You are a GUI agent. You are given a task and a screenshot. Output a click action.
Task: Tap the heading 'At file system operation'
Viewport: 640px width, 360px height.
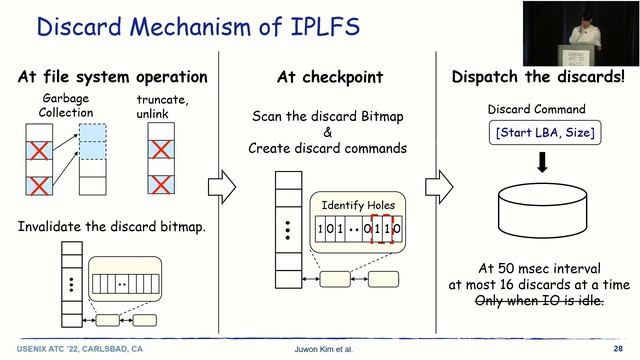112,77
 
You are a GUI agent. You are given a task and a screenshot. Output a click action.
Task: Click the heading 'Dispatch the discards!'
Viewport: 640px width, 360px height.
537,77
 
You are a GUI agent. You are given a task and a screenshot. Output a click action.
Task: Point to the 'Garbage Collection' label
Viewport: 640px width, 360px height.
67,106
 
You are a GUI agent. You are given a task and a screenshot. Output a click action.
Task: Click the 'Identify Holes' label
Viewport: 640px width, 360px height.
359,205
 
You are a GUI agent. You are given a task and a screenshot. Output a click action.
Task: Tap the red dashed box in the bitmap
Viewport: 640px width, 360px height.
384,229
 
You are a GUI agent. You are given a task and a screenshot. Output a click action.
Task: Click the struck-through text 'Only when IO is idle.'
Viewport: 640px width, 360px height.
541,301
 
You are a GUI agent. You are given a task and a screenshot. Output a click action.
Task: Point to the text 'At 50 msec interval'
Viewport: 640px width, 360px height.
541,269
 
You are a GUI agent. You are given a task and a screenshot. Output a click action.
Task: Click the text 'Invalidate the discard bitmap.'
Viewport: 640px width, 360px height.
112,226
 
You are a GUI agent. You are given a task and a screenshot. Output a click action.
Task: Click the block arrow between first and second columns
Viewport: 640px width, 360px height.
221,185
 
